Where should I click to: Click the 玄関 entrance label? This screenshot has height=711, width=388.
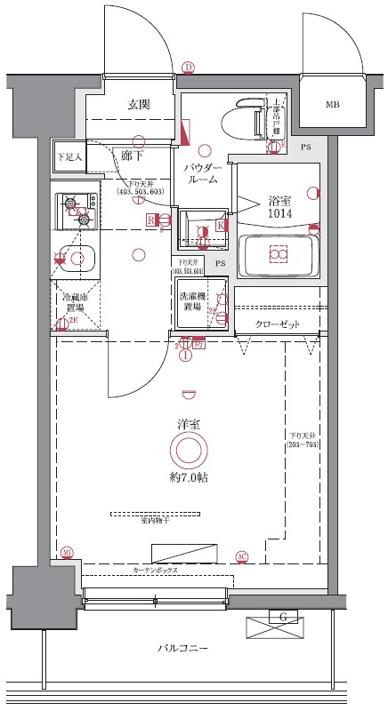point(138,104)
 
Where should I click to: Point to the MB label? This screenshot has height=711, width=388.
point(332,105)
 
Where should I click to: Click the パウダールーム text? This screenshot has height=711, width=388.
point(203,172)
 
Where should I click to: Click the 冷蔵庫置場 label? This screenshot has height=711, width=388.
point(72,300)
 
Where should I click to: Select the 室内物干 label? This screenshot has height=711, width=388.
point(155,521)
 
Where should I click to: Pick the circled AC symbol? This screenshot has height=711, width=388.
point(242,556)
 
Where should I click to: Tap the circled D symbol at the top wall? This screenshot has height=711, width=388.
point(188,68)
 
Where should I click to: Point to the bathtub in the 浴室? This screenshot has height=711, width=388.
point(279,256)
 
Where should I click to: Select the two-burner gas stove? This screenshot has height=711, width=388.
point(77,210)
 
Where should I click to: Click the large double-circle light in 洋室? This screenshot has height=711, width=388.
point(189,451)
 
